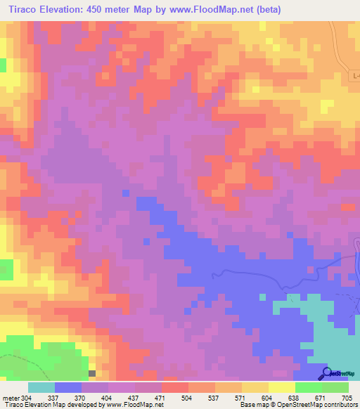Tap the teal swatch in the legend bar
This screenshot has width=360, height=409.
(x=41, y=387)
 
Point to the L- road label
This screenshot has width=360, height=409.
(x=354, y=75)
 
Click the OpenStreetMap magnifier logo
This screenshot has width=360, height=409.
(x=327, y=373)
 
